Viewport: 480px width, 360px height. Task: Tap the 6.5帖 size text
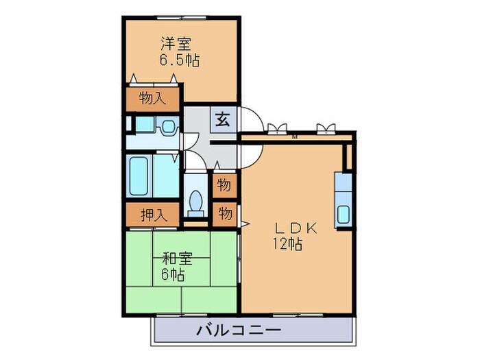180,61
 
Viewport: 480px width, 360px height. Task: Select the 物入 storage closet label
152,99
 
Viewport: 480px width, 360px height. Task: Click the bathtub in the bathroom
140,177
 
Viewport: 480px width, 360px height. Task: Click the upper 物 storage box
224,185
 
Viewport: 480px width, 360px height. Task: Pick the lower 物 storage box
224,213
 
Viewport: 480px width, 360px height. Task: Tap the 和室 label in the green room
176,260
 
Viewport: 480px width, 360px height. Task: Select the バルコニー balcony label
239,330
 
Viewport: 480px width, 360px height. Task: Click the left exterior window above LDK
278,129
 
